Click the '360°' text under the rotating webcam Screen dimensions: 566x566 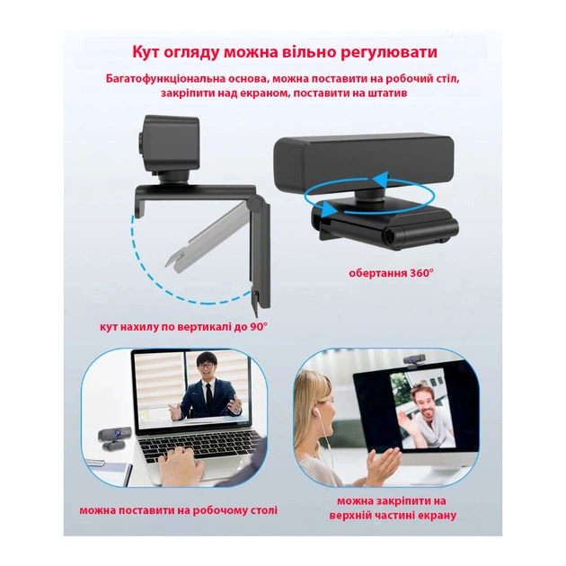coord(421,273)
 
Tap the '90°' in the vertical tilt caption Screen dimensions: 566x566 coord(259,327)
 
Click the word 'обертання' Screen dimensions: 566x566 coord(378,273)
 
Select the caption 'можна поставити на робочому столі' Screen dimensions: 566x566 coord(178,510)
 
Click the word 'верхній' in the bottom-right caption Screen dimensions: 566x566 coord(351,515)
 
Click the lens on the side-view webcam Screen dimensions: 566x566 coord(140,143)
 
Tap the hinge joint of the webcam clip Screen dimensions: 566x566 coord(257,203)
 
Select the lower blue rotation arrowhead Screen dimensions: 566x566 coord(327,208)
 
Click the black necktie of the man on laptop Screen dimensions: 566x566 coord(208,394)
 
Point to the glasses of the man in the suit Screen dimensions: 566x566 coord(205,366)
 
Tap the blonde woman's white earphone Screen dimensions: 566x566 coord(317,410)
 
